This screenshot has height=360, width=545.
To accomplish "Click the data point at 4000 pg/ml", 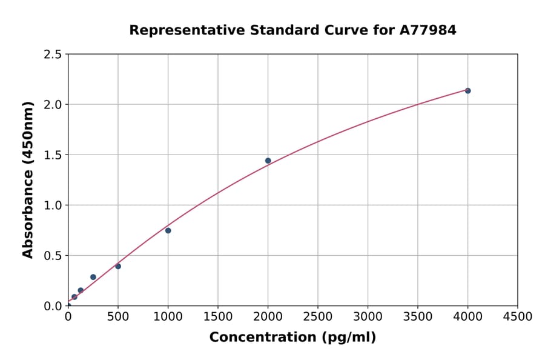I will pos(467,90).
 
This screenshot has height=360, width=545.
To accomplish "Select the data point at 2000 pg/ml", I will pos(268,161).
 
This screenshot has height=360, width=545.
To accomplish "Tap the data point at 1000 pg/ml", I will pos(168,230).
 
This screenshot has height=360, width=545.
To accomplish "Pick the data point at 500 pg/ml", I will pos(118,266).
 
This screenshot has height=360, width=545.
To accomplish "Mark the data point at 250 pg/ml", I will pos(93,277).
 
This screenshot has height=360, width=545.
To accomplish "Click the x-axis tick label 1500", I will pos(218,316).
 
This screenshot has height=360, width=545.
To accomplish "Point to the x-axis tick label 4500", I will pos(518,316).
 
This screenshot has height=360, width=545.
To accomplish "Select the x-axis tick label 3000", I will pos(368,316).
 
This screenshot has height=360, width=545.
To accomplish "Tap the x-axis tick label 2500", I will pos(318,316).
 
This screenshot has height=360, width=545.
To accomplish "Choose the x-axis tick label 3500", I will pos(418,316).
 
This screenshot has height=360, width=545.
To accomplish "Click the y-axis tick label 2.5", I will pos(53,55).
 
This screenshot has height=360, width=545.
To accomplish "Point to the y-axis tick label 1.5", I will pos(53,155).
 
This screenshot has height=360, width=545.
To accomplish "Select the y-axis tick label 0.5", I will pos(53,256).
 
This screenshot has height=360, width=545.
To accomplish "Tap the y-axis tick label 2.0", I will pos(53,105).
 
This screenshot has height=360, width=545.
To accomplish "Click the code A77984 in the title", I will pos(429,30).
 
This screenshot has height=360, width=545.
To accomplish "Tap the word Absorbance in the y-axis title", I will pos(28,215).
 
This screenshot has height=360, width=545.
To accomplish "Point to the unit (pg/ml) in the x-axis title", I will pos(348,337).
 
